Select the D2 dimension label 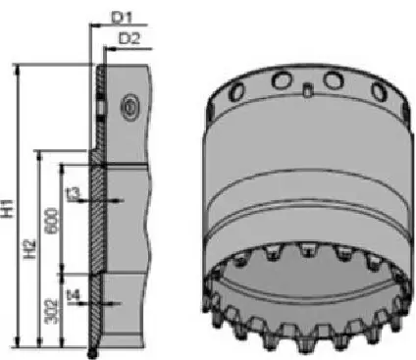[129, 38]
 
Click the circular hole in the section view [129, 105]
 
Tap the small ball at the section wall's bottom [91, 348]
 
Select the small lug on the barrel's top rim [306, 92]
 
